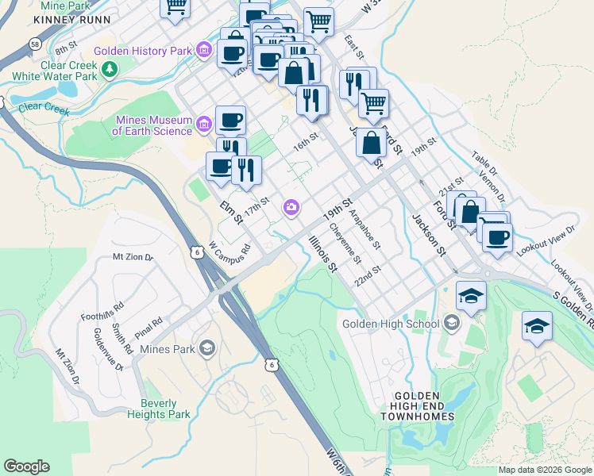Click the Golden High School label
pyautogui.click(x=390, y=323)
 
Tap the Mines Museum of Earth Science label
pyautogui.click(x=153, y=125)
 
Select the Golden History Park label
pyautogui.click(x=143, y=51)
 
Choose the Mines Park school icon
pyautogui.click(x=206, y=347)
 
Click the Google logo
pyautogui.click(x=26, y=466)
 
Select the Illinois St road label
pyautogui.click(x=322, y=252)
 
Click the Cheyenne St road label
pyautogui.click(x=346, y=244)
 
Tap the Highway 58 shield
pyautogui.click(x=36, y=43)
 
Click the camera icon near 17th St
pyautogui.click(x=291, y=208)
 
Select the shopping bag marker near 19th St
pyautogui.click(x=371, y=143)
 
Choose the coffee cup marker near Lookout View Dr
pyautogui.click(x=497, y=236)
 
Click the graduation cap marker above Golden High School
pyautogui.click(x=472, y=296)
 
